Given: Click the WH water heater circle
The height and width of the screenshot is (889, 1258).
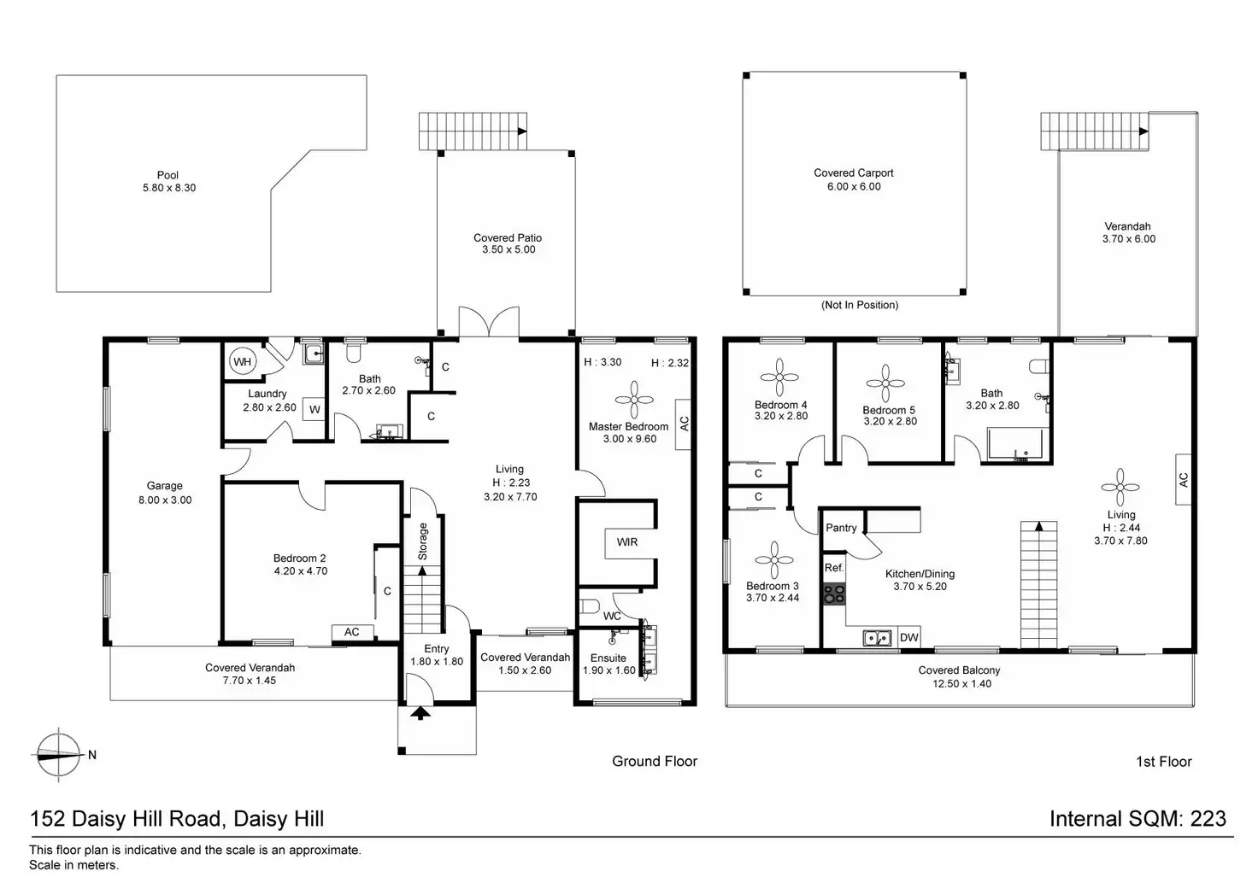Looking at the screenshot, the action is tap(243, 362).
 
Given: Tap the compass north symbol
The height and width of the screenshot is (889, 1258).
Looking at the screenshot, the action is tap(58, 755).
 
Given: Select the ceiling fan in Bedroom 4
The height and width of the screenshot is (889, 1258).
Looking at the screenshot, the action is tap(779, 377).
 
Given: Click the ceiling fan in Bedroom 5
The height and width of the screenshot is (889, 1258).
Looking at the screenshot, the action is tap(885, 384).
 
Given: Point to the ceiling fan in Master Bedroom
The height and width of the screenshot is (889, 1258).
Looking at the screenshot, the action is tap(634, 400).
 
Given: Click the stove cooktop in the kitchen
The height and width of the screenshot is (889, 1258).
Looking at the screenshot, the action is tap(834, 594).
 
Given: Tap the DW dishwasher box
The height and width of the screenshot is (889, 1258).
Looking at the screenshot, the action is tap(908, 637).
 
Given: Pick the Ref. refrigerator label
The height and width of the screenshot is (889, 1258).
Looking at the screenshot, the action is tap(834, 568).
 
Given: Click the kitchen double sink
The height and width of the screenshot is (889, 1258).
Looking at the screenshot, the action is tap(877, 638).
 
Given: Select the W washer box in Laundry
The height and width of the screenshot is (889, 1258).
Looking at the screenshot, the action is tap(314, 409).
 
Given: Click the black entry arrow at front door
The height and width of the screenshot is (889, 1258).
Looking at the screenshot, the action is tap(420, 713).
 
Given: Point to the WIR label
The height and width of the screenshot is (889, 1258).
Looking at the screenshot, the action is tap(626, 542).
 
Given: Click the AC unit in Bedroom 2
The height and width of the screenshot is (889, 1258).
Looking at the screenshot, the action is tap(351, 632).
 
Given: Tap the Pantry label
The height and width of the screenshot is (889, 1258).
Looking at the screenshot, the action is tap(841, 528).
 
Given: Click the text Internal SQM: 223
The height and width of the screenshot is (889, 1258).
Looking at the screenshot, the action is tap(1137, 819).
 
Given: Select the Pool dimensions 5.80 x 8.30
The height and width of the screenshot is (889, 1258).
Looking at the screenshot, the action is tap(169, 188).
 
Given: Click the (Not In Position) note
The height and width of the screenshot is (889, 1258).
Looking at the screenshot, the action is tap(860, 305).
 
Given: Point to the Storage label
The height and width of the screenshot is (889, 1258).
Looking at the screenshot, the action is tap(423, 541).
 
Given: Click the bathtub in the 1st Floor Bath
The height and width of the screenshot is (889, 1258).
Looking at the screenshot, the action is tap(1015, 444).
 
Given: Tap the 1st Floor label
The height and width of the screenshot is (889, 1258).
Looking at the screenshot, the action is tap(1164, 762).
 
